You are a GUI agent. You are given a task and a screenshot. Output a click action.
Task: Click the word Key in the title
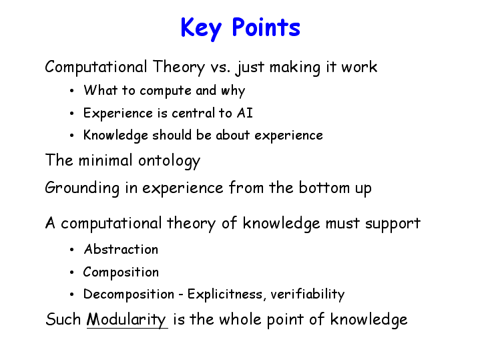coord(201,28)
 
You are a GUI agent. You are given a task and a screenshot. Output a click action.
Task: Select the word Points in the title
coord(266,27)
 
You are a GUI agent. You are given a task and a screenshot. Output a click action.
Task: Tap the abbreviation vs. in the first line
coord(220,67)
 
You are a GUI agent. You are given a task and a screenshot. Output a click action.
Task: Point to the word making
coord(294,67)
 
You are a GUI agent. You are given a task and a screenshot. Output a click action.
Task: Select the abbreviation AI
coord(244,113)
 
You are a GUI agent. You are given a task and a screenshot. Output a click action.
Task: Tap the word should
coord(172,135)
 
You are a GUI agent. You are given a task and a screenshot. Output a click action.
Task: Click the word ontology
coord(169,161)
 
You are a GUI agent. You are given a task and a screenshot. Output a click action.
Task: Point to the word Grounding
coord(82,188)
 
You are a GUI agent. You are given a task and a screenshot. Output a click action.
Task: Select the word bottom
coord(324,187)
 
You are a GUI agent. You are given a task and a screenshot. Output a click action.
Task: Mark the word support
coord(393,224)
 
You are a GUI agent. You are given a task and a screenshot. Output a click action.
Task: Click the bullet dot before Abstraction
coord(72,250)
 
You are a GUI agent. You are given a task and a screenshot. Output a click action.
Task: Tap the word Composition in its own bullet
coord(121,272)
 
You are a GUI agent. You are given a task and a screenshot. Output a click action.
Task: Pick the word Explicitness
coord(225,294)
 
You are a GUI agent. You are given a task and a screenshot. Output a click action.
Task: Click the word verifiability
coord(307,294)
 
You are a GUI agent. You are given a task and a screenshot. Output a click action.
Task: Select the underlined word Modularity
coord(127,319)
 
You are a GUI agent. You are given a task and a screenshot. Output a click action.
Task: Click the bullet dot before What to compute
coord(72,91)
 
